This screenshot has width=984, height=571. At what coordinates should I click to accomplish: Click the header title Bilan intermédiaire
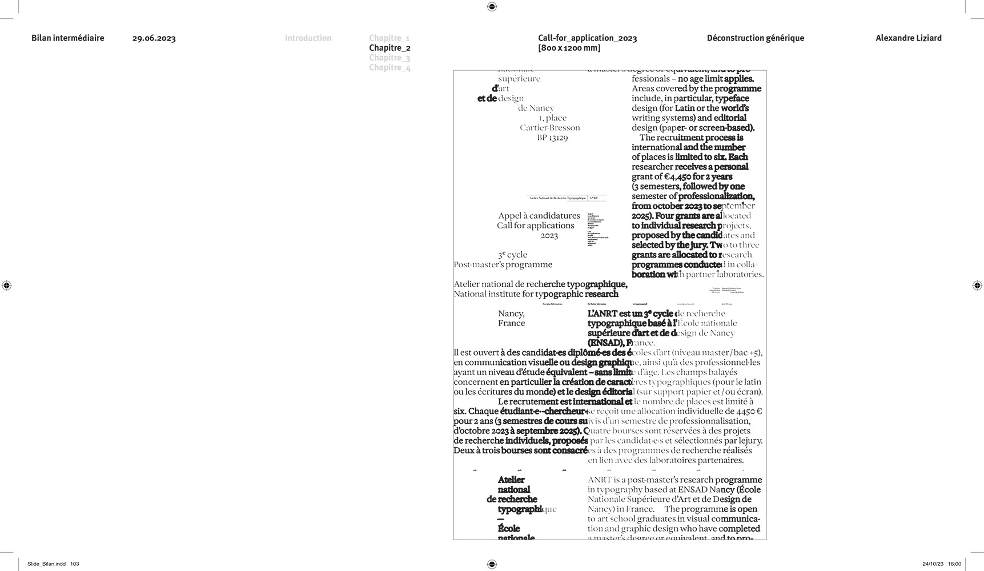(68, 38)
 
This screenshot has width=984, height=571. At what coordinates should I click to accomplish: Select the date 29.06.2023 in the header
(154, 39)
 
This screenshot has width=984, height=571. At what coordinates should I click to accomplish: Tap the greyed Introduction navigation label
(308, 38)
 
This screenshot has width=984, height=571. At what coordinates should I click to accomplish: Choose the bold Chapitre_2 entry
(389, 48)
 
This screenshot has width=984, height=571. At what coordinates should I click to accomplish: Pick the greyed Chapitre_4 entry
(389, 67)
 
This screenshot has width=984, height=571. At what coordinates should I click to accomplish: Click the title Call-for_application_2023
(587, 38)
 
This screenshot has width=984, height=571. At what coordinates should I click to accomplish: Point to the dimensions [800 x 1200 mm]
(569, 48)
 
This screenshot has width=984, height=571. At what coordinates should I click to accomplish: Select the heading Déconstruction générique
(755, 38)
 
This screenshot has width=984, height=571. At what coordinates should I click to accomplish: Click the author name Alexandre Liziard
(908, 38)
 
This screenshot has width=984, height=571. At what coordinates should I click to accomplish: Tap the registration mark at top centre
(492, 7)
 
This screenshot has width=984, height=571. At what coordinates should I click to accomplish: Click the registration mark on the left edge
(7, 285)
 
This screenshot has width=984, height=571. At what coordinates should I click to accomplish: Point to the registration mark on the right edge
(977, 285)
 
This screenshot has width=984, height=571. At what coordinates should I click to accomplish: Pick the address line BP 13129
(552, 138)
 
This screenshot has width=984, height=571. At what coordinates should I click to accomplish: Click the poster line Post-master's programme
(503, 264)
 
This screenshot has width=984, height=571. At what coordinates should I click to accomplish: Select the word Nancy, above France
(511, 313)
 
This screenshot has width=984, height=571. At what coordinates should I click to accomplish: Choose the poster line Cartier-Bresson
(550, 128)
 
